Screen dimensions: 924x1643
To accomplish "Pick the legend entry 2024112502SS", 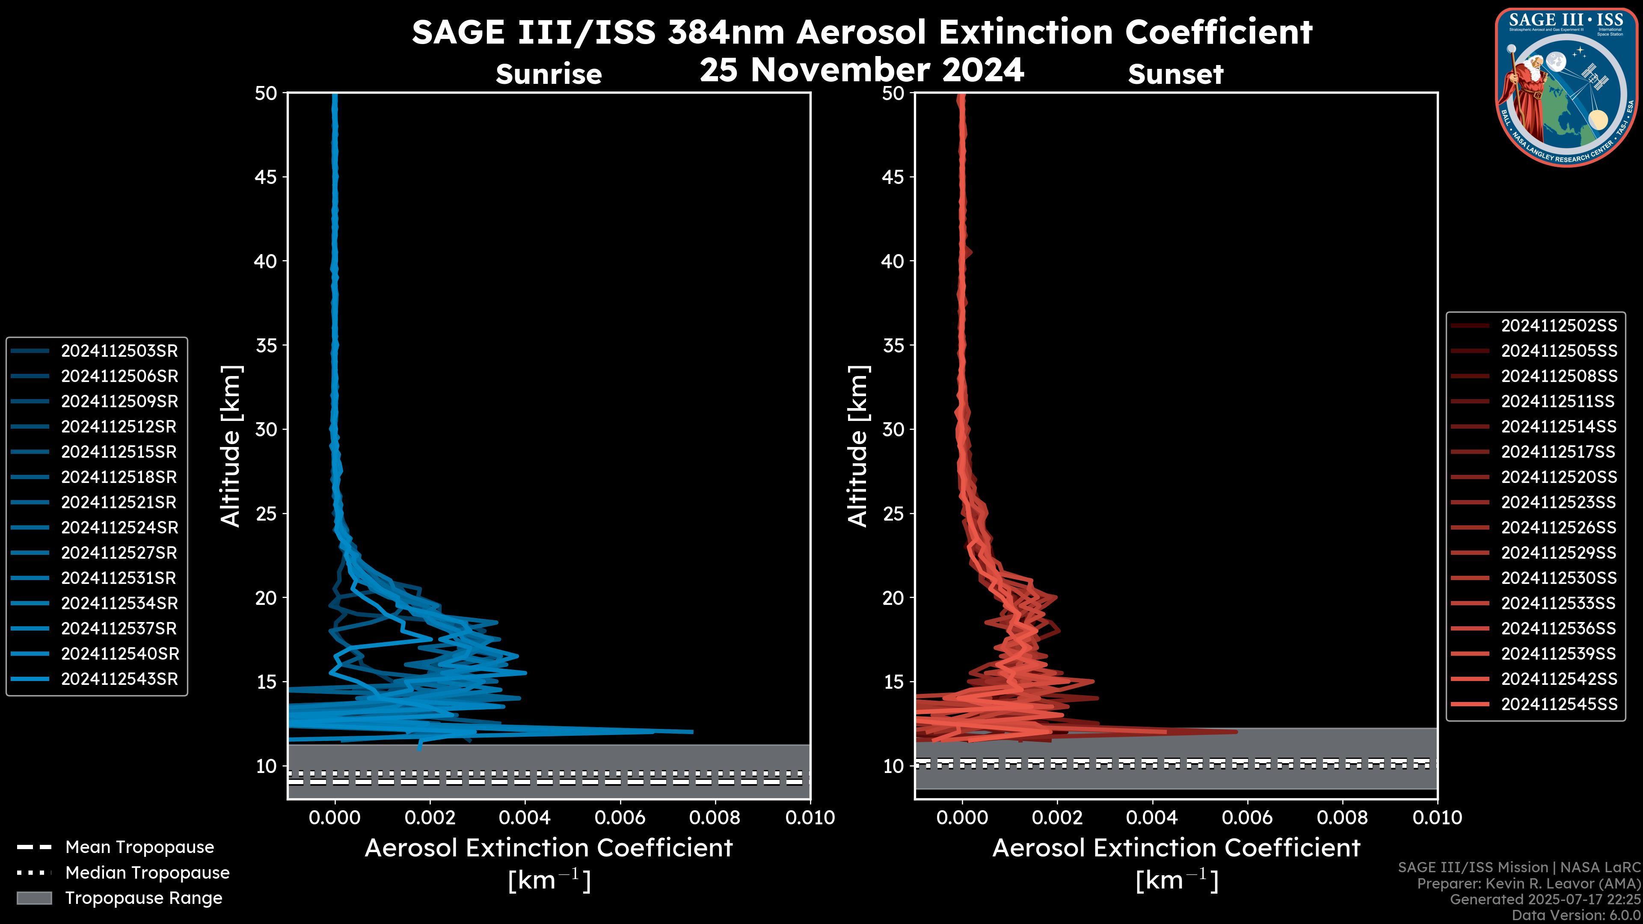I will pyautogui.click(x=1559, y=326).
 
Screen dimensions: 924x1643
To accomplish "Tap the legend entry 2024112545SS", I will pyautogui.click(x=1559, y=704).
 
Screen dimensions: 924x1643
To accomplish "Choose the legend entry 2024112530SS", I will pyautogui.click(x=1559, y=578).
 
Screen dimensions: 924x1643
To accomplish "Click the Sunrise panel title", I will pyautogui.click(x=549, y=74).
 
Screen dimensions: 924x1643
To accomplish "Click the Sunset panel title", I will pyautogui.click(x=1175, y=74).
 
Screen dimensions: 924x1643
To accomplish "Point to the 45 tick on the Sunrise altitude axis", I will pyautogui.click(x=266, y=177).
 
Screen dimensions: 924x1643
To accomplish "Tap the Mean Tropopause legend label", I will pyautogui.click(x=139, y=847).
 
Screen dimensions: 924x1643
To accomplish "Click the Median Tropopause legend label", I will pyautogui.click(x=147, y=873).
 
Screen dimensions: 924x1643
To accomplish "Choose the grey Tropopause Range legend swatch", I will pyautogui.click(x=34, y=898).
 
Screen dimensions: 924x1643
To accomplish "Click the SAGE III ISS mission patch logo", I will pyautogui.click(x=1566, y=87).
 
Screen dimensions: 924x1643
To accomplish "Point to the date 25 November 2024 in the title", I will pyautogui.click(x=862, y=70).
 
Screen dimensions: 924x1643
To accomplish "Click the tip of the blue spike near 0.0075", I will pyautogui.click(x=692, y=731).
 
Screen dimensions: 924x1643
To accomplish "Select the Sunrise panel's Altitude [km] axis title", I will pyautogui.click(x=230, y=446).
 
